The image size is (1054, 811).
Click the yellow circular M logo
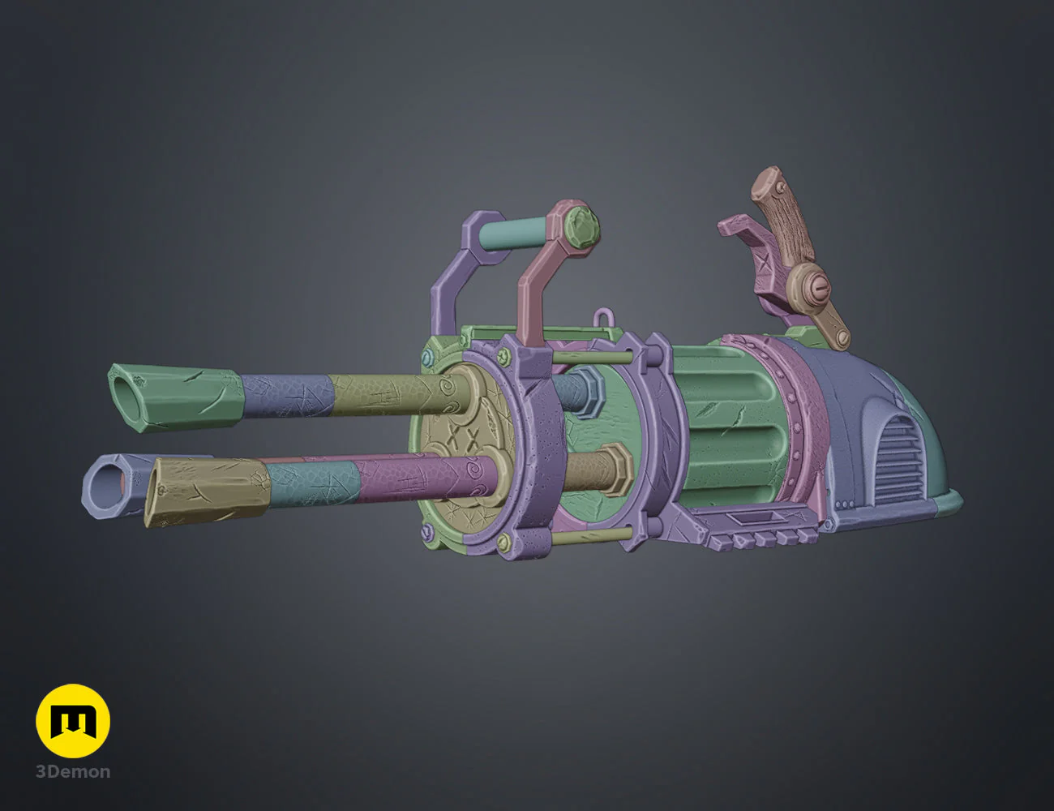[73, 721]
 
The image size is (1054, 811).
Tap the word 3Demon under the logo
[73, 772]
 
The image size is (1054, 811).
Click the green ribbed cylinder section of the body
[722, 422]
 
